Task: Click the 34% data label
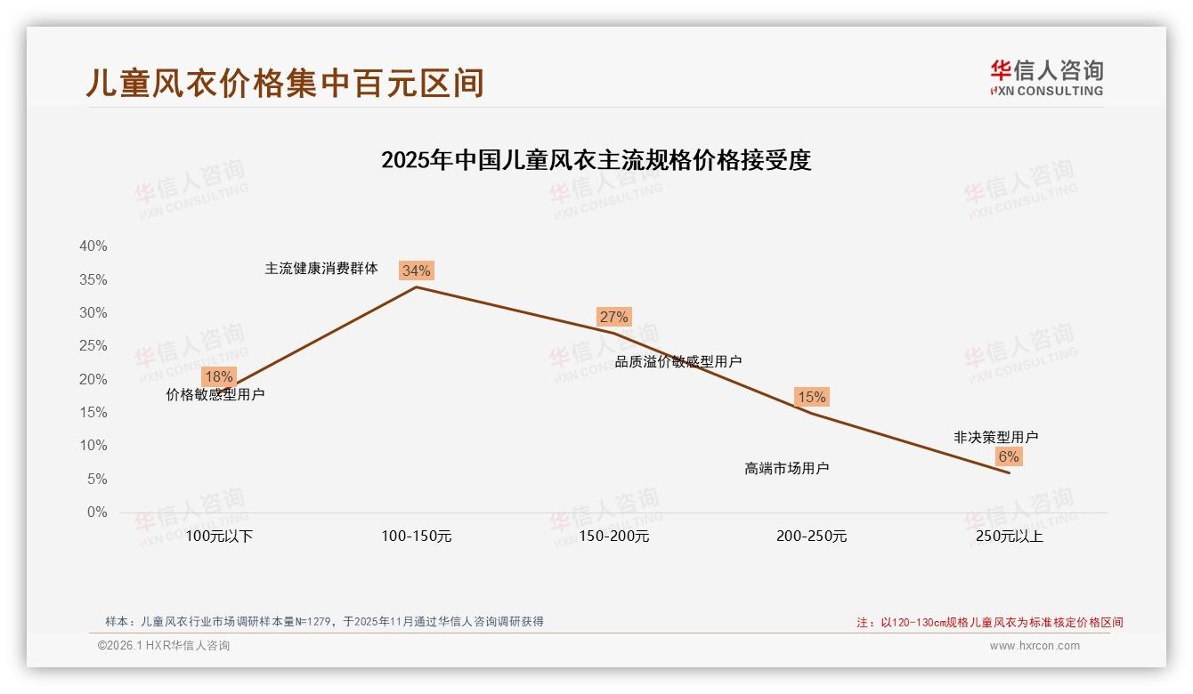416,270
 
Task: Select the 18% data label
218,376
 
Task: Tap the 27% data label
613,317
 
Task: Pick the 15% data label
811,397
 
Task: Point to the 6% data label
1008,456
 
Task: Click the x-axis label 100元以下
219,537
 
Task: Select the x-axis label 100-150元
417,537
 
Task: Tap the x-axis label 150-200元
614,537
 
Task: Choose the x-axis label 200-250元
811,537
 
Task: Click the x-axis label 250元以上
1009,537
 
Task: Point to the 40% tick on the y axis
93,246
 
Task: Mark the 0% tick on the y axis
96,512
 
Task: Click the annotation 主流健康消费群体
321,269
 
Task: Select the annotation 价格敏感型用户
215,395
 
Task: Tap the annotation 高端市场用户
787,468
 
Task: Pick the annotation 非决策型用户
995,437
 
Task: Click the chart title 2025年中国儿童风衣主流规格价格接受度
596,161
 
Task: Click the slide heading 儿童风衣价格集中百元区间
285,83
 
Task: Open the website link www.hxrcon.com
1035,646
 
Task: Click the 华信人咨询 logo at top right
1046,77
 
